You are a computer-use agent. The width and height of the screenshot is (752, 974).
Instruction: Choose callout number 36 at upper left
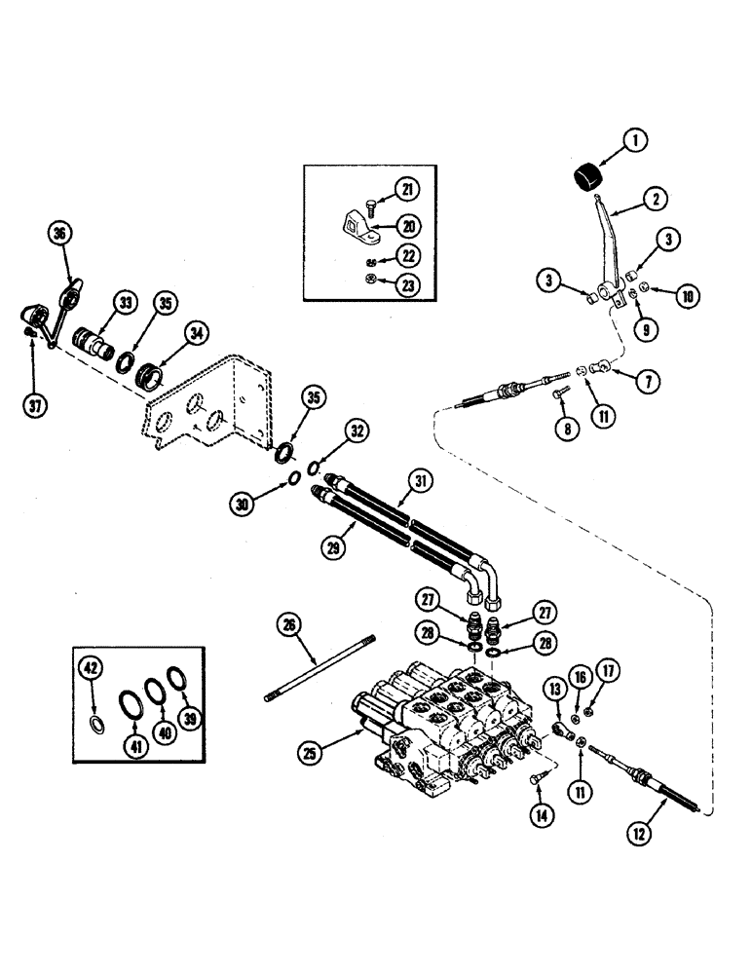click(x=60, y=234)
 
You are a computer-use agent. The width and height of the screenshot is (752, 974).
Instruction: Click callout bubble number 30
click(x=242, y=503)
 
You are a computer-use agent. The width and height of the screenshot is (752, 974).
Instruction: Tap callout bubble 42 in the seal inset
click(x=90, y=668)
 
